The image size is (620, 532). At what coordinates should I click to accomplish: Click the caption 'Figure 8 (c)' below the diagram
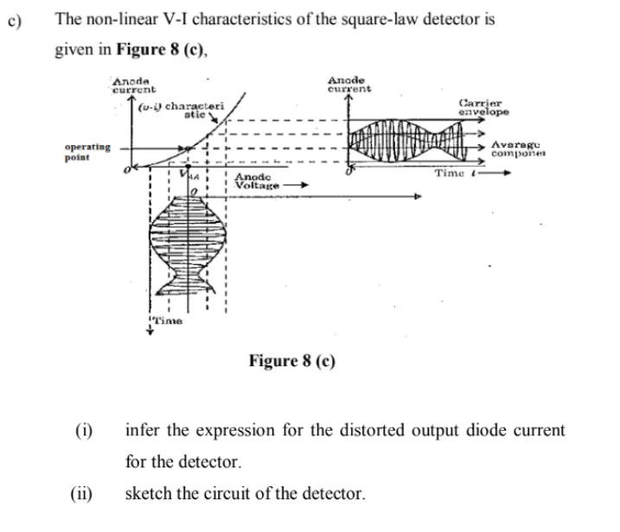(291, 360)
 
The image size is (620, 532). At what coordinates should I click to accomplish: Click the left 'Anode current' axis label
(133, 85)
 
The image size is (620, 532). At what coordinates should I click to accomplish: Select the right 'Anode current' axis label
(349, 85)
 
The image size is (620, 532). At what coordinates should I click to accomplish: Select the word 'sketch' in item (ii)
(148, 495)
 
